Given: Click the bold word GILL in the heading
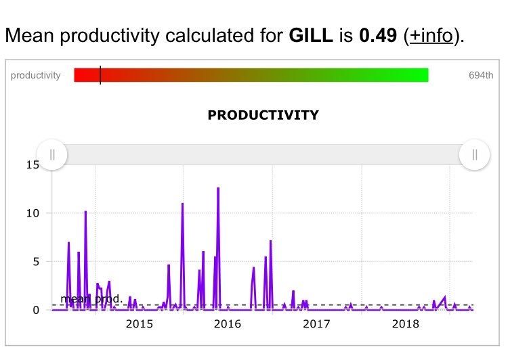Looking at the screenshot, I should click(311, 35).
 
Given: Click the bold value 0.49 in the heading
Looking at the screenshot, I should click(377, 35).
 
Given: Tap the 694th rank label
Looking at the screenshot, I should click(481, 75).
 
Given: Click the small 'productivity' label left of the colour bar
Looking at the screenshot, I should click(35, 75).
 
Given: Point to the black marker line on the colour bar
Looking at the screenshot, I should click(100, 75).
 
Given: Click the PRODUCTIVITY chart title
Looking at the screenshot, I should click(263, 115).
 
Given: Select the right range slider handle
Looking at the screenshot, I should click(474, 155).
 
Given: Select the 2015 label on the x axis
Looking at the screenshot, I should click(140, 324).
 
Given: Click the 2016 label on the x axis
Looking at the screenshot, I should click(228, 324).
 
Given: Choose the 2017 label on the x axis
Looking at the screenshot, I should click(316, 324).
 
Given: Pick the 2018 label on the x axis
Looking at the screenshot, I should click(405, 324).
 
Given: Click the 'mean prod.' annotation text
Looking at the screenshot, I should click(91, 299).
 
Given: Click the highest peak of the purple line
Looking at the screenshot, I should click(218, 188).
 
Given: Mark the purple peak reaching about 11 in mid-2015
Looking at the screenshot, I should click(182, 204).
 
